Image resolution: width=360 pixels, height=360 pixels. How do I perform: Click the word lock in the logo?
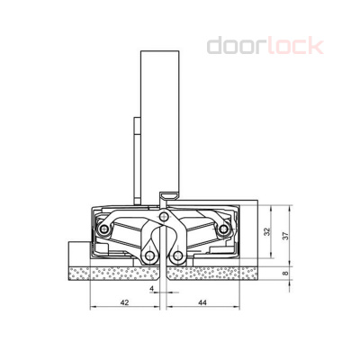[x=292, y=45]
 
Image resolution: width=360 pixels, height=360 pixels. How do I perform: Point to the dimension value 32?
[x=267, y=231]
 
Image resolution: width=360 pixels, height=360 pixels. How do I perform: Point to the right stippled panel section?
[x=216, y=271]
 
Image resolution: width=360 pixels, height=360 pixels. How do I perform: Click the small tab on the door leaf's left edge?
[x=138, y=135]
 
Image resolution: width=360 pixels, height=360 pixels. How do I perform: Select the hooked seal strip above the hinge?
[x=167, y=196]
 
